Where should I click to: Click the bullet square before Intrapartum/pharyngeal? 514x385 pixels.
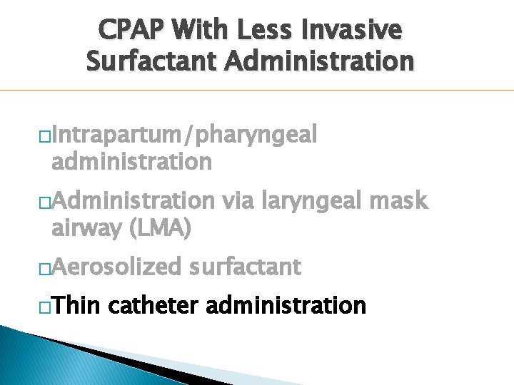point(44,135)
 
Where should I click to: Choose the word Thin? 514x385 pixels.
point(79,306)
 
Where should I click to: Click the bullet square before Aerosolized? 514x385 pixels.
point(44,268)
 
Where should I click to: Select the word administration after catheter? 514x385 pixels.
point(286,306)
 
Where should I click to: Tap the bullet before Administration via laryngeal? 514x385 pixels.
point(44,202)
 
